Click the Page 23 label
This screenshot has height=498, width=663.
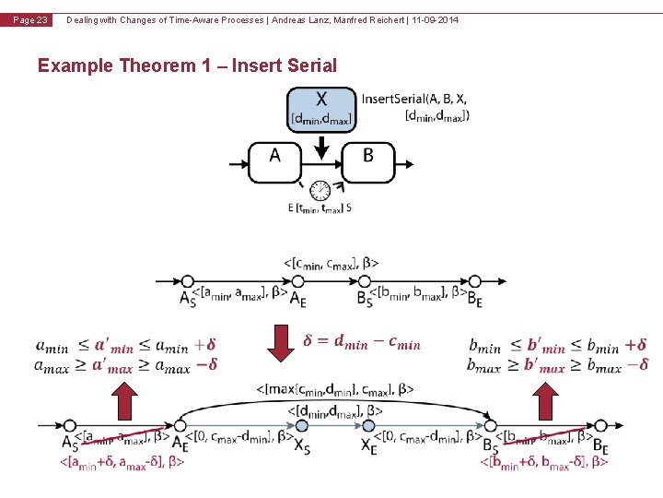pyautogui.click(x=29, y=20)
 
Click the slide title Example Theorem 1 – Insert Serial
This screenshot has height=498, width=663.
pyautogui.click(x=187, y=65)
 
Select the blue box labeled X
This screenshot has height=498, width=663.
pyautogui.click(x=320, y=109)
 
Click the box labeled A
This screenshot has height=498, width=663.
pyautogui.click(x=274, y=157)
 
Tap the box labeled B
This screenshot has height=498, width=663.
pyautogui.click(x=367, y=157)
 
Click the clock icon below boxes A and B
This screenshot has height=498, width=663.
pyautogui.click(x=320, y=190)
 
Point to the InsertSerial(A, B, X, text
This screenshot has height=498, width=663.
pyautogui.click(x=414, y=100)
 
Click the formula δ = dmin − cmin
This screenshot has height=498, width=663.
pyautogui.click(x=362, y=342)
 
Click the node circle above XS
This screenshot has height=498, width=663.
pyautogui.click(x=303, y=426)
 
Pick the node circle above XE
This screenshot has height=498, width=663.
pyautogui.click(x=368, y=426)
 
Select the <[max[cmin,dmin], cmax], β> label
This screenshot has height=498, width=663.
pyautogui.click(x=335, y=391)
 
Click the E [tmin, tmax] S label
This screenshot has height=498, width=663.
pyautogui.click(x=320, y=207)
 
